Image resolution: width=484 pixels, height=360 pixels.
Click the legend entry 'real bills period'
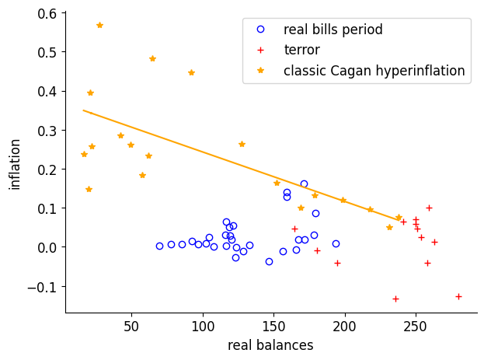pyautogui.click(x=333, y=30)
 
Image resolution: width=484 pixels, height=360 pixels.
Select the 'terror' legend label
pyautogui.click(x=301, y=50)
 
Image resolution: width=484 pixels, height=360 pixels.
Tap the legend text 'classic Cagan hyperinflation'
pyautogui.click(x=374, y=71)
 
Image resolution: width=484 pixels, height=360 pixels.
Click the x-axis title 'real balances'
pyautogui.click(x=270, y=345)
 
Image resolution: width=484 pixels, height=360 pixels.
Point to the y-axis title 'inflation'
pyautogui.click(x=16, y=163)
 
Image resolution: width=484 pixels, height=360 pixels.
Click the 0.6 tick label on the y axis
pyautogui.click(x=47, y=13)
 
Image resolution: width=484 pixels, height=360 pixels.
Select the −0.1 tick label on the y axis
pyautogui.click(x=43, y=287)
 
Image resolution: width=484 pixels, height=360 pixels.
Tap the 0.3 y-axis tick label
pyautogui.click(x=47, y=131)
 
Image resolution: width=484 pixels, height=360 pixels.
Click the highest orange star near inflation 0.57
pyautogui.click(x=99, y=25)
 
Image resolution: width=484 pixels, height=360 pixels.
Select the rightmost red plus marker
pyautogui.click(x=458, y=296)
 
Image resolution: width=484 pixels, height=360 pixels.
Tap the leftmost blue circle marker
pyautogui.click(x=159, y=246)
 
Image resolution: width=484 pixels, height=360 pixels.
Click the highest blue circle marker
pyautogui.click(x=304, y=184)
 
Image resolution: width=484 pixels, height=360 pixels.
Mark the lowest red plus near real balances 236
pyautogui.click(x=395, y=299)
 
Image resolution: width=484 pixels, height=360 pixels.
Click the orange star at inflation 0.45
pyautogui.click(x=191, y=73)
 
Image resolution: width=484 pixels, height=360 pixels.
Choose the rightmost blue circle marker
pyautogui.click(x=336, y=243)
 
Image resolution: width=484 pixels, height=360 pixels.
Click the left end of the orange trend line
pyautogui.click(x=83, y=110)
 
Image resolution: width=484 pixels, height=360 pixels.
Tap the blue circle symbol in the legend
pyautogui.click(x=260, y=30)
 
